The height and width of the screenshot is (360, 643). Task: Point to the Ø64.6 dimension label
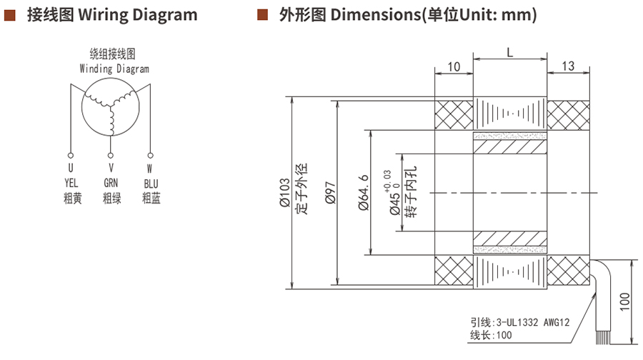point(362,192)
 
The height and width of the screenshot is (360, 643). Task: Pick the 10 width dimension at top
point(454,66)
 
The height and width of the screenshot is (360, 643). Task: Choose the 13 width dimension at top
point(568,66)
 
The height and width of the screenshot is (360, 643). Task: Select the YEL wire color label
point(71,184)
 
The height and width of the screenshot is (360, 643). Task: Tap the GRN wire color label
point(111,184)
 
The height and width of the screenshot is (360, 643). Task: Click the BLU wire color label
point(151,184)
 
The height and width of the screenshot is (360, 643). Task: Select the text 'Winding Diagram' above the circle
point(114,69)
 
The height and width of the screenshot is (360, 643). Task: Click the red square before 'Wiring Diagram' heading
point(10,14)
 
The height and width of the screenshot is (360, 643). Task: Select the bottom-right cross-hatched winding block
point(568,272)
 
